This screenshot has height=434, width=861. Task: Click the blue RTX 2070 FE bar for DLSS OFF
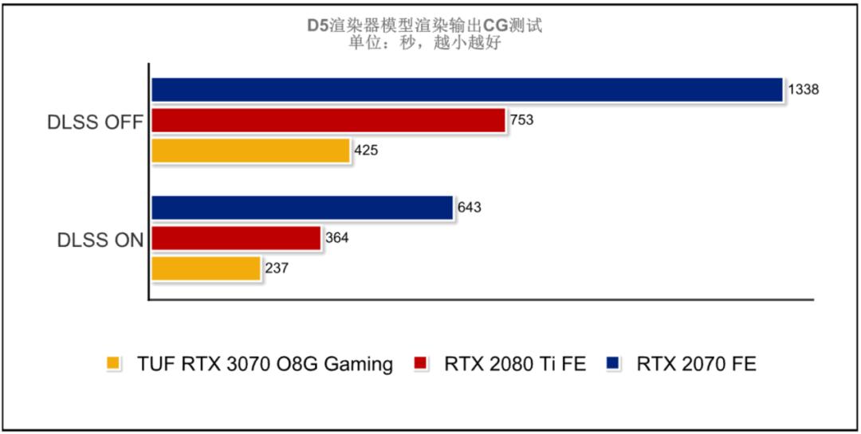466,90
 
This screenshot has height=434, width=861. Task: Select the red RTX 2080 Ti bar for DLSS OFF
328,120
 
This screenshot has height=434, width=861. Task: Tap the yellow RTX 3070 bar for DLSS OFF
250,151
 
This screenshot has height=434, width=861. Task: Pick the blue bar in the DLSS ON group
301,208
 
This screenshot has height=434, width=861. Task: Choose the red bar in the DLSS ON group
235,238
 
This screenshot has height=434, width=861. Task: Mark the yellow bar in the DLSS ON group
206,268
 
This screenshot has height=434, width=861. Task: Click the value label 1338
804,90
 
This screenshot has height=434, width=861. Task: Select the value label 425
366,151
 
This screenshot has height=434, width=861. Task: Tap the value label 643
470,208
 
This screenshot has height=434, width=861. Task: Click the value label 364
336,238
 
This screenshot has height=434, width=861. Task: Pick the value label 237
276,268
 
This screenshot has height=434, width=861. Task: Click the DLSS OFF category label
94,123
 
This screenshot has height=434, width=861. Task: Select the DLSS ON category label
100,240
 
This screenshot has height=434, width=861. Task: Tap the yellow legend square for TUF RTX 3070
113,365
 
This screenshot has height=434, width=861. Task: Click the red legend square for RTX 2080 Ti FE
419,365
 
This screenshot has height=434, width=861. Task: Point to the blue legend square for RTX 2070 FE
612,365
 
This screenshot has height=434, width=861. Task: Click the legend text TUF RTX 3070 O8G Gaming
265,365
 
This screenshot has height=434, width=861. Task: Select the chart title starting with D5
425,25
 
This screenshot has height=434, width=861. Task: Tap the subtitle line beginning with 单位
425,43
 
